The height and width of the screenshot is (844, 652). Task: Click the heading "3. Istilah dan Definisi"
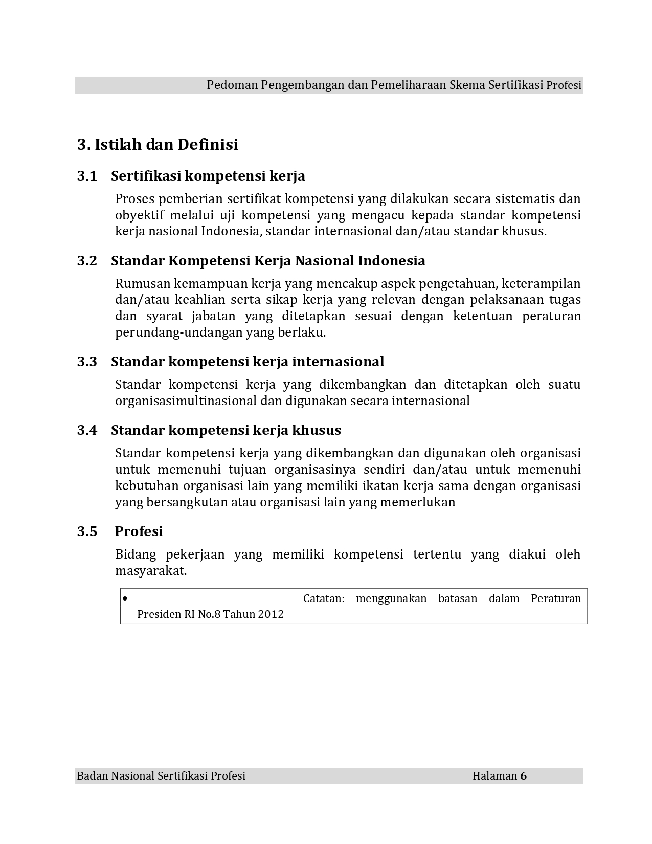coord(158,145)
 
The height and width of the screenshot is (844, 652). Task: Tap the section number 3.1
coord(87,176)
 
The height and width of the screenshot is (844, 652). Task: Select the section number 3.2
coord(87,261)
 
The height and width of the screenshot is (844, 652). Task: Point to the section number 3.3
coord(87,362)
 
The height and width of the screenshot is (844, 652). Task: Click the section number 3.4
coord(87,430)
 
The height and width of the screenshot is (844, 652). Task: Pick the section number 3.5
coord(87,531)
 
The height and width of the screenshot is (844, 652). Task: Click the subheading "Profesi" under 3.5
coord(139,531)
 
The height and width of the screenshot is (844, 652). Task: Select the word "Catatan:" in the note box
coord(324,598)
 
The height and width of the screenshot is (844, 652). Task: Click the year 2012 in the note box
coord(271,614)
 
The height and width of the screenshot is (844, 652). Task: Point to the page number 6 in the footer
coord(523,776)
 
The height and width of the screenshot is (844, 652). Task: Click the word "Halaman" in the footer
coord(494,776)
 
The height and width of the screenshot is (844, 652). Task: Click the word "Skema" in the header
coord(467,85)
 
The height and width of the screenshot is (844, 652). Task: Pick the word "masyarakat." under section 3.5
coord(151,571)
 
